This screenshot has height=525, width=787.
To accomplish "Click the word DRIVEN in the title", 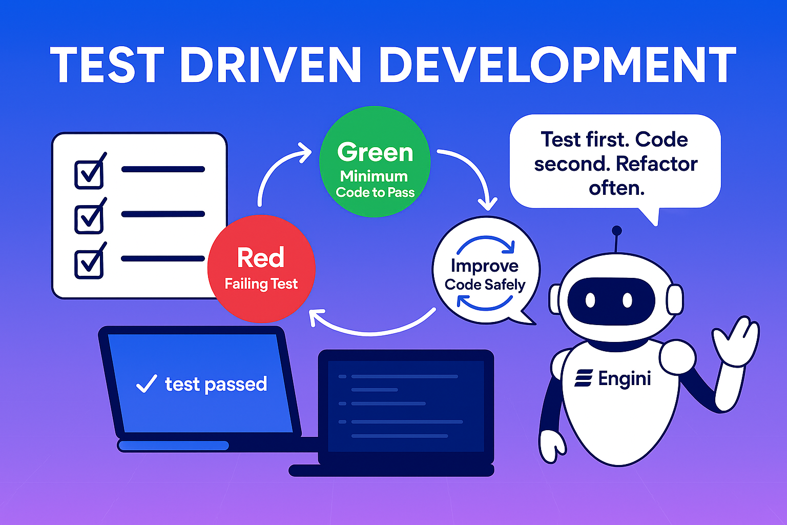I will [270, 65].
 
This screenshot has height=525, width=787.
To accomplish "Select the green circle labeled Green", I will [375, 161].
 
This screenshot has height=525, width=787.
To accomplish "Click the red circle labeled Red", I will [261, 269].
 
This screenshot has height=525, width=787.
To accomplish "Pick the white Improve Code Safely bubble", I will [485, 270].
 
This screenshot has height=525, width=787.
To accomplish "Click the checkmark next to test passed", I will [147, 383].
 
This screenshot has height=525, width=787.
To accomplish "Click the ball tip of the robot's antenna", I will [617, 231].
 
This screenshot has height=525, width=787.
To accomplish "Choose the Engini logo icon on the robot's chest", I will [584, 378].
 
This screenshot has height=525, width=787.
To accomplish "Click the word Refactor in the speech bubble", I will [656, 164].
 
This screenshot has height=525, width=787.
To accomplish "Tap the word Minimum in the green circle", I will [374, 176].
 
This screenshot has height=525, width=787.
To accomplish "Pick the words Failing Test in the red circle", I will [261, 284].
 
